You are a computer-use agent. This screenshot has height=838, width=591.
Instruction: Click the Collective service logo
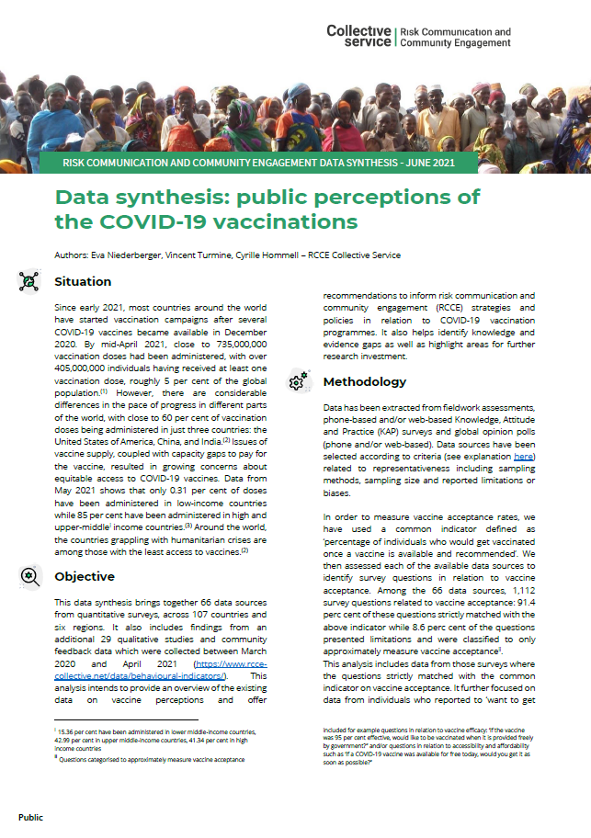click(x=358, y=37)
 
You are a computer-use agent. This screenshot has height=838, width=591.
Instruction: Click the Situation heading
click(x=83, y=281)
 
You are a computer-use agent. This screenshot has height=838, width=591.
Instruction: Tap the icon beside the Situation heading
click(x=29, y=282)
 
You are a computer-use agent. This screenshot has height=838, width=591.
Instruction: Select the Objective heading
click(x=85, y=577)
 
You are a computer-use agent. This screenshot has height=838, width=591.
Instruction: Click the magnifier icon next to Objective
click(x=29, y=577)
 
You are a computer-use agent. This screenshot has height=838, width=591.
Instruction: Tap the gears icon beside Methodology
click(x=298, y=381)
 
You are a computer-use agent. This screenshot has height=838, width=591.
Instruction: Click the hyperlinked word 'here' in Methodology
click(x=523, y=456)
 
